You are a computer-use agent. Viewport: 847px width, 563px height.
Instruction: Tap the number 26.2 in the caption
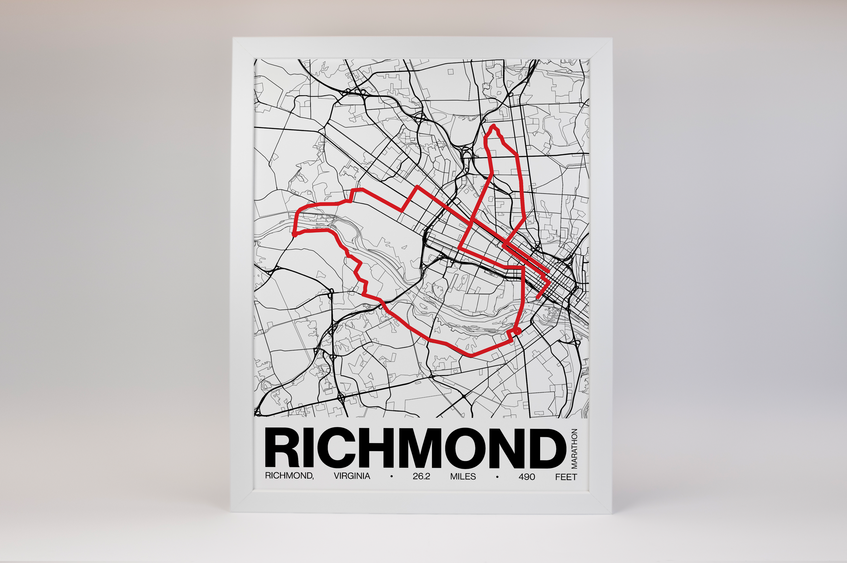tap(421, 476)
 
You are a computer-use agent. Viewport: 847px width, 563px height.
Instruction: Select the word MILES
tap(463, 476)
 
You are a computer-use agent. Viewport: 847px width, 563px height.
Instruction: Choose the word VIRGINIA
tap(352, 476)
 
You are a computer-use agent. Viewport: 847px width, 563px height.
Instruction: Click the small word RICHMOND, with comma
tap(289, 476)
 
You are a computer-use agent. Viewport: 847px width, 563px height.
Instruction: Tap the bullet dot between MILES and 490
tap(497, 477)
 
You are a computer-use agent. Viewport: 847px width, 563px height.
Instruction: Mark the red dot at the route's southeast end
tap(517, 330)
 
